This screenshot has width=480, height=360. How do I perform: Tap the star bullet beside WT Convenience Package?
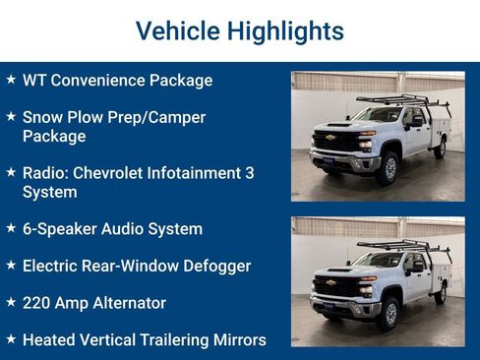coord(11,79)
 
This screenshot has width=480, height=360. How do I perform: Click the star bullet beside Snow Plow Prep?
coord(11,116)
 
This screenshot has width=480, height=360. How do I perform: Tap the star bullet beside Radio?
coord(11,171)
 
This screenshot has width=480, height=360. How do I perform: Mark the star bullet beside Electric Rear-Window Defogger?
coord(11,265)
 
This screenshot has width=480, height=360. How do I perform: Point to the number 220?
coord(36,303)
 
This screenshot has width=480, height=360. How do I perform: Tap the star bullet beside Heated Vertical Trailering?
coord(11,339)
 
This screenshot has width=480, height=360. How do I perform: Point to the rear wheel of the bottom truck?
coord(440,293)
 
